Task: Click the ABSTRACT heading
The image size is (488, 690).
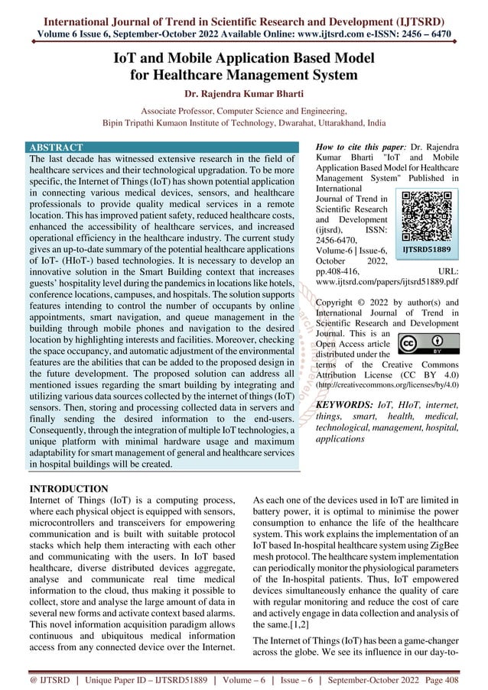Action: pos(56,146)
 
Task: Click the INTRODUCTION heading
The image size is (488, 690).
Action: pos(68,488)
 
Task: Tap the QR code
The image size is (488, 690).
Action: pos(426,216)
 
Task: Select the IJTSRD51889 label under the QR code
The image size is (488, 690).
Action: pos(426,249)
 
